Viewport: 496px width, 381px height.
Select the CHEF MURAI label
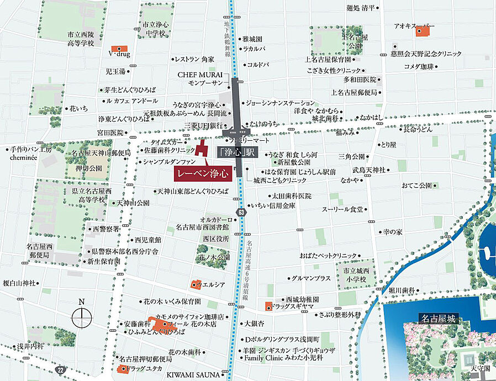200,75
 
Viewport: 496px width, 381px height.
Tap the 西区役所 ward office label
216,239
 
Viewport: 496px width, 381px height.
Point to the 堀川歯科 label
405,290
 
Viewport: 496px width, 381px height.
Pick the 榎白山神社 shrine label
19,283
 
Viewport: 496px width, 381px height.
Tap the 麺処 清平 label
360,8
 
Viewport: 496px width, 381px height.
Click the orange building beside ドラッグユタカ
122,368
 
